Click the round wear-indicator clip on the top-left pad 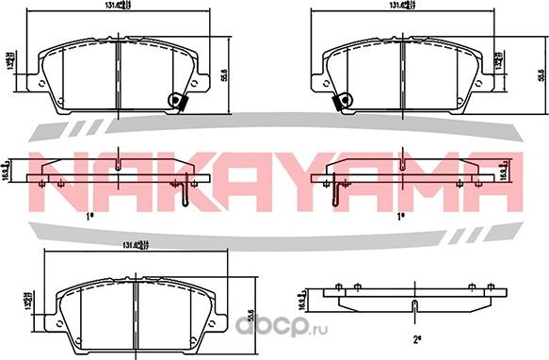[173, 102]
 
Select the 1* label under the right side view [401, 216]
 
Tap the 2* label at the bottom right [415, 335]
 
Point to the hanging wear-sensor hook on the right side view [334, 196]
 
